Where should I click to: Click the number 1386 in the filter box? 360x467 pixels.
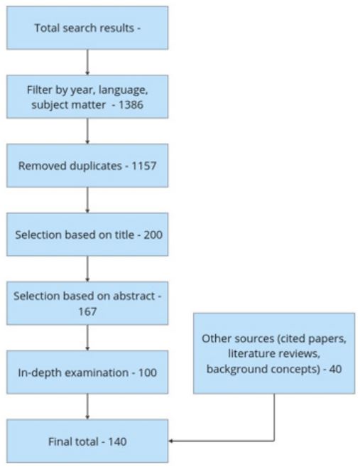(x=131, y=104)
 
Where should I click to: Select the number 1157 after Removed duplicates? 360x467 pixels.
(x=143, y=166)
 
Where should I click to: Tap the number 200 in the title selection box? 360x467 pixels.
(x=153, y=235)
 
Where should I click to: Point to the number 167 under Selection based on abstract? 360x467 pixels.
(x=87, y=311)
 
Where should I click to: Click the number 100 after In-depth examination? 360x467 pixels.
(x=148, y=372)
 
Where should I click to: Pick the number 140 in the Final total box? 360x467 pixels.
(x=117, y=441)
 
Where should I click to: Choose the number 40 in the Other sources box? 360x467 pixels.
(x=335, y=369)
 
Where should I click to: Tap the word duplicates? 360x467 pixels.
(x=96, y=166)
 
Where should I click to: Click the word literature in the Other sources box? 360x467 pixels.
(x=250, y=353)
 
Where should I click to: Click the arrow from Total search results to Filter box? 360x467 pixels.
(x=87, y=63)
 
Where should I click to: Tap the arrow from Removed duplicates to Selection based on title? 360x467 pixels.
(x=87, y=200)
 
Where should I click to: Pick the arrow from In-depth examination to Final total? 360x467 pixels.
(x=87, y=407)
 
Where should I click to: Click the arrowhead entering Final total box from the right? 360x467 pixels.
(x=170, y=441)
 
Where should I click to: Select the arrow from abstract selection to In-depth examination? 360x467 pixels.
(x=87, y=338)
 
